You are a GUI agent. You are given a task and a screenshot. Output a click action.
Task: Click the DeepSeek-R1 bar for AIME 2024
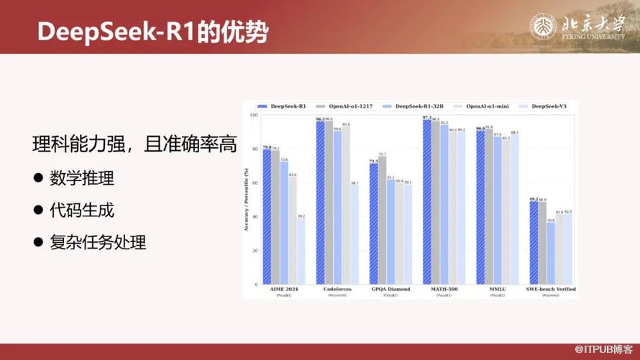click(267, 216)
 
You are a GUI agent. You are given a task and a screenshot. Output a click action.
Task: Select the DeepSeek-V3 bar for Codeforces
click(355, 234)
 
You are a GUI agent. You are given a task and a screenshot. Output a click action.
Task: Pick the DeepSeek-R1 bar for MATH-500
click(427, 200)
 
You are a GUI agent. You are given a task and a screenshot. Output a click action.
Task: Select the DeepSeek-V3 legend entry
click(549, 106)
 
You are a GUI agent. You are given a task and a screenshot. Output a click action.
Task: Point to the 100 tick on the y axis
click(253, 115)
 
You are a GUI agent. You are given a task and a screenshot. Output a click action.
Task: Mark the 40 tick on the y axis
click(254, 217)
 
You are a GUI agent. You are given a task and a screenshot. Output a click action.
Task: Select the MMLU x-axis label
click(498, 289)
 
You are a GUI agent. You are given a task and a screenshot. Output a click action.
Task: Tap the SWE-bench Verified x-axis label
click(550, 289)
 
